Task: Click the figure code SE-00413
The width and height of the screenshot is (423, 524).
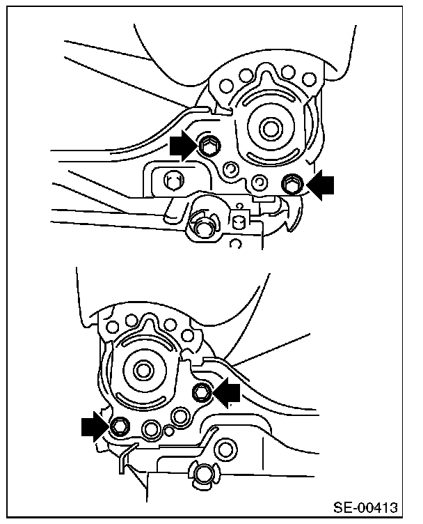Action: point(366,507)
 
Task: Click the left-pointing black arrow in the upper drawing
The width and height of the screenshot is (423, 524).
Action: point(319,185)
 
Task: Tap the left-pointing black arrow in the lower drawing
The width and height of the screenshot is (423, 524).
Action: point(227,392)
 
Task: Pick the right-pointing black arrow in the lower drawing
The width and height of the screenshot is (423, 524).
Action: point(95,426)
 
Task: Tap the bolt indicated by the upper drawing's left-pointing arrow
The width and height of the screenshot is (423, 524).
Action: point(292,183)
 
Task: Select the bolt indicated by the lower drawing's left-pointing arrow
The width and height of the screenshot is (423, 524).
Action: point(202,392)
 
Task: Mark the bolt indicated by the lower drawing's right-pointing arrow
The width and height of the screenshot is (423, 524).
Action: point(119,426)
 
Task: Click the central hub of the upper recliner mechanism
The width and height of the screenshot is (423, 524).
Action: point(269,128)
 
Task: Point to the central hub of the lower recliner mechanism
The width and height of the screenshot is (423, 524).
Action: point(144,370)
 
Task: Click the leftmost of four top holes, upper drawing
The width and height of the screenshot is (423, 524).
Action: point(227,85)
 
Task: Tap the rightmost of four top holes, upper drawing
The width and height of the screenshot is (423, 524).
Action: point(309,80)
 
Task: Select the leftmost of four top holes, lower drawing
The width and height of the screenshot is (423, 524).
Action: point(113,326)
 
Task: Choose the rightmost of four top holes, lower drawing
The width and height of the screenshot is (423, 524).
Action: point(189,335)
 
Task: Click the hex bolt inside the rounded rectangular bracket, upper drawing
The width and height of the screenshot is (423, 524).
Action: point(173,180)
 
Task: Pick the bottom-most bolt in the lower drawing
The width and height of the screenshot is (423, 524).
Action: point(202,474)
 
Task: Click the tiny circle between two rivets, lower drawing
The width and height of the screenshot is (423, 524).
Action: point(169,431)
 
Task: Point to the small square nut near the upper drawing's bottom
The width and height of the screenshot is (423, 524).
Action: point(238,222)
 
